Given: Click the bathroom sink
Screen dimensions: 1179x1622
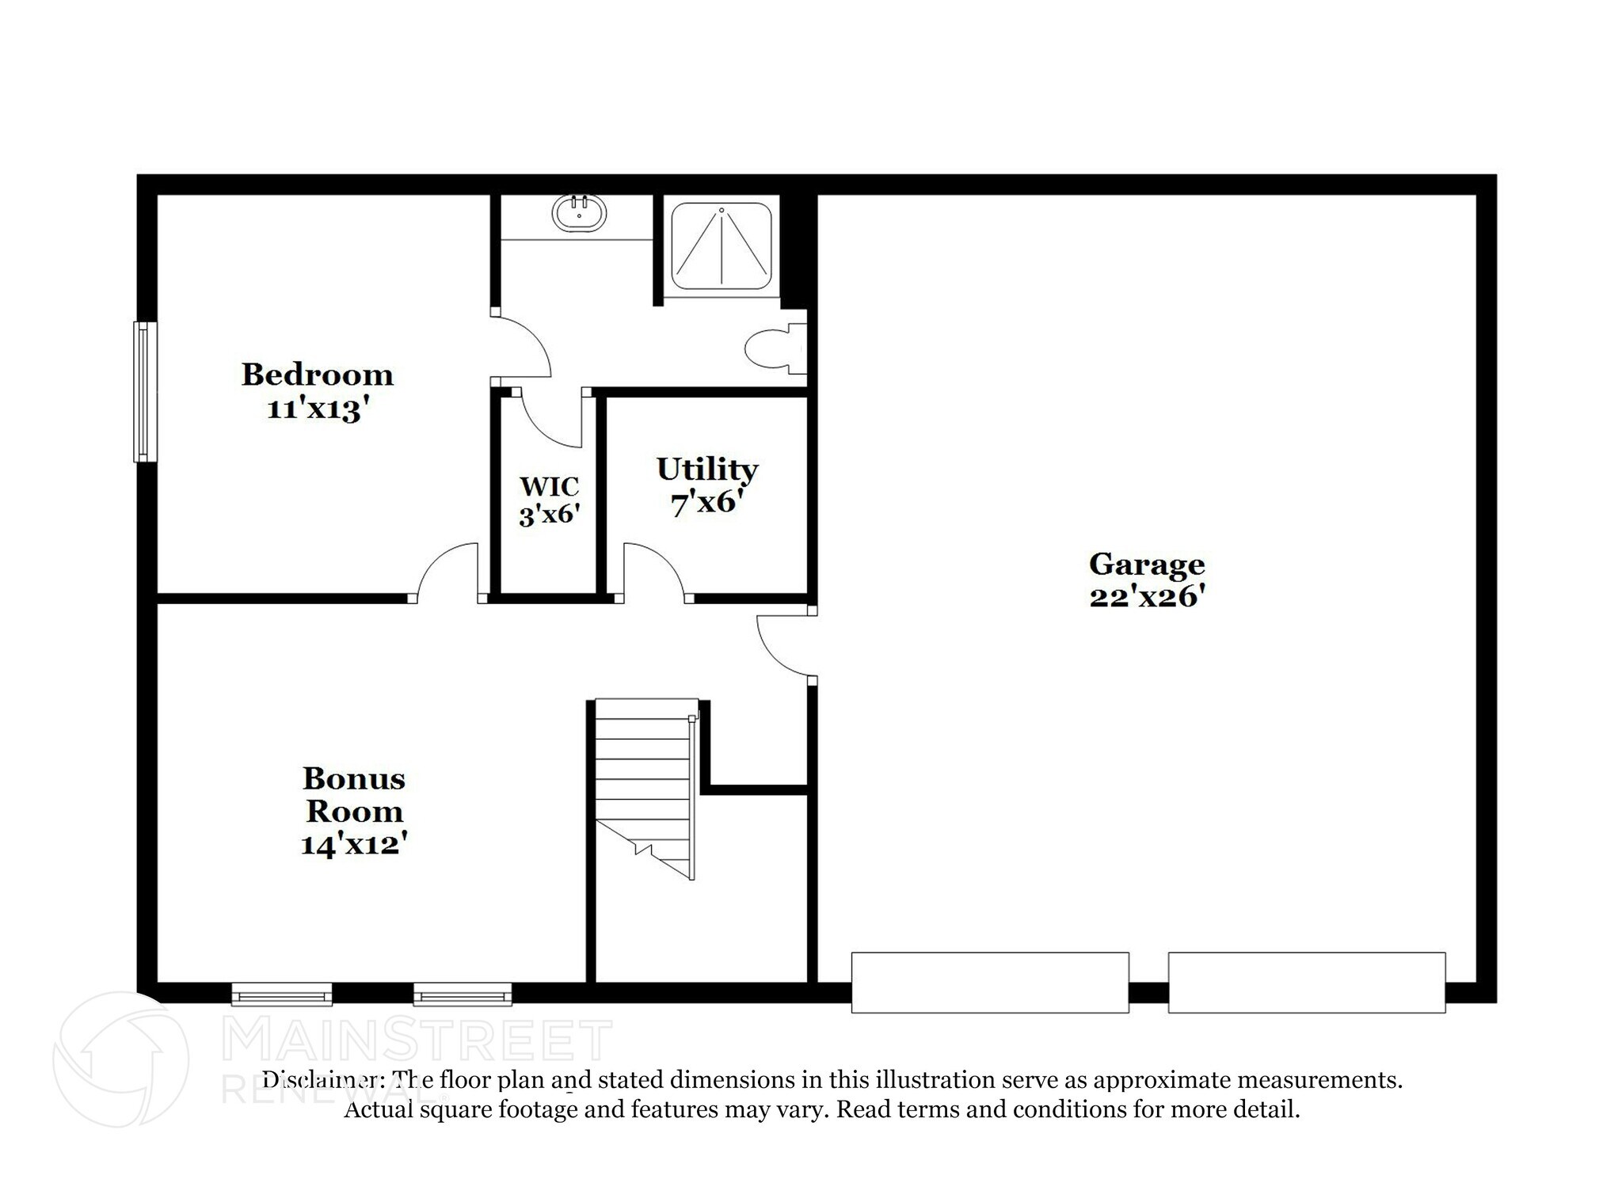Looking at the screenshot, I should point(579,212).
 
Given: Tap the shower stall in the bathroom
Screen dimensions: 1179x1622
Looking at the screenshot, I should point(721,245).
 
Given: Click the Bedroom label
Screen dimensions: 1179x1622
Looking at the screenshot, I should point(317,375).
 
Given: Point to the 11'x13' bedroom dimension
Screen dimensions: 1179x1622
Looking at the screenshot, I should point(318,409).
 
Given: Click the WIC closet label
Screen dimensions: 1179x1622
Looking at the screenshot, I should point(549,485).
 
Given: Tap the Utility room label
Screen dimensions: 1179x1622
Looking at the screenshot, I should point(707,469).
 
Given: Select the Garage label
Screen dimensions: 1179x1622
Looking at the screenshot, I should point(1146,565).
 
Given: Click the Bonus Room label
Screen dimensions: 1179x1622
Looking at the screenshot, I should point(354,794).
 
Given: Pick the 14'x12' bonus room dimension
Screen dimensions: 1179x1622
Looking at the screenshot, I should point(353,844).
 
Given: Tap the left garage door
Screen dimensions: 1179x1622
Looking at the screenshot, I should point(989,982).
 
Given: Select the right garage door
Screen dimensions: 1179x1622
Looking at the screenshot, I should point(1306,982).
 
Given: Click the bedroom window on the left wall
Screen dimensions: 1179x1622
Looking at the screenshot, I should point(143,391).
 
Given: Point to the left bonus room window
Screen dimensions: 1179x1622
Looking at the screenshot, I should point(281,994).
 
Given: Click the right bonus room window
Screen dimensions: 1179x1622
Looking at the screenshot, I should point(463,994).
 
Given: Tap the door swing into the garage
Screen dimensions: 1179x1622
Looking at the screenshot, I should point(784,645).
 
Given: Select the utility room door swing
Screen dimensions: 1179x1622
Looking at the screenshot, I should point(653,570).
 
